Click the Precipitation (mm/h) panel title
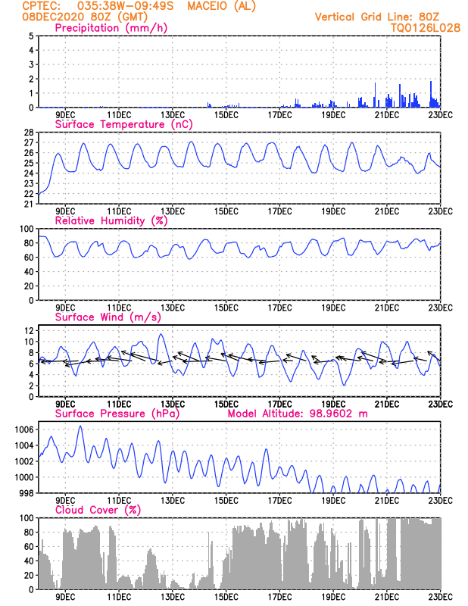pyautogui.click(x=111, y=28)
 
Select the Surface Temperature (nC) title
pyautogui.click(x=120, y=124)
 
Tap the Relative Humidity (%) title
pyautogui.click(x=111, y=220)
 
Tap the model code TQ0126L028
pyautogui.click(x=415, y=27)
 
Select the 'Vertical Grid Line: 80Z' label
pyautogui.click(x=376, y=16)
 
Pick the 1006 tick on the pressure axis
pyautogui.click(x=25, y=430)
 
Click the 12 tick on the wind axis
pyautogui.click(x=28, y=331)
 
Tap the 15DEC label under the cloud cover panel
pyautogui.click(x=225, y=597)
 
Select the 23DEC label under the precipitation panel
pyautogui.click(x=440, y=115)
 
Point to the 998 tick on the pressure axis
pyautogui.click(x=27, y=493)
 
